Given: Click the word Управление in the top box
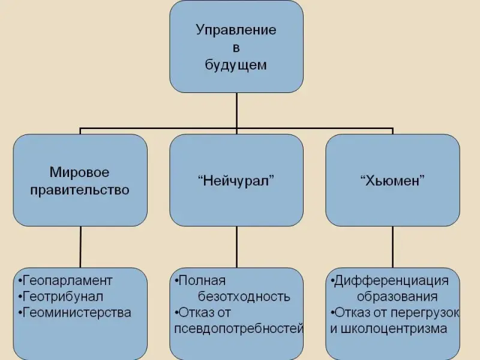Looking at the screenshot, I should click(236, 30).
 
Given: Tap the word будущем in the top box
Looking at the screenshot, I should click(236, 65).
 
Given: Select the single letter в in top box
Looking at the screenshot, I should click(236, 47).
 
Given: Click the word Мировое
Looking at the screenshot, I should click(80, 173).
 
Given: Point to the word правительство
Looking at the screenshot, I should click(80, 190).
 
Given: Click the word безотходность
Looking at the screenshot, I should click(244, 296).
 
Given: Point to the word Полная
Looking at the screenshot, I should click(202, 281).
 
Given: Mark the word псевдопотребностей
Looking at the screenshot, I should click(238, 329).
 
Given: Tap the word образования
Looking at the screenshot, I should click(397, 296).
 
